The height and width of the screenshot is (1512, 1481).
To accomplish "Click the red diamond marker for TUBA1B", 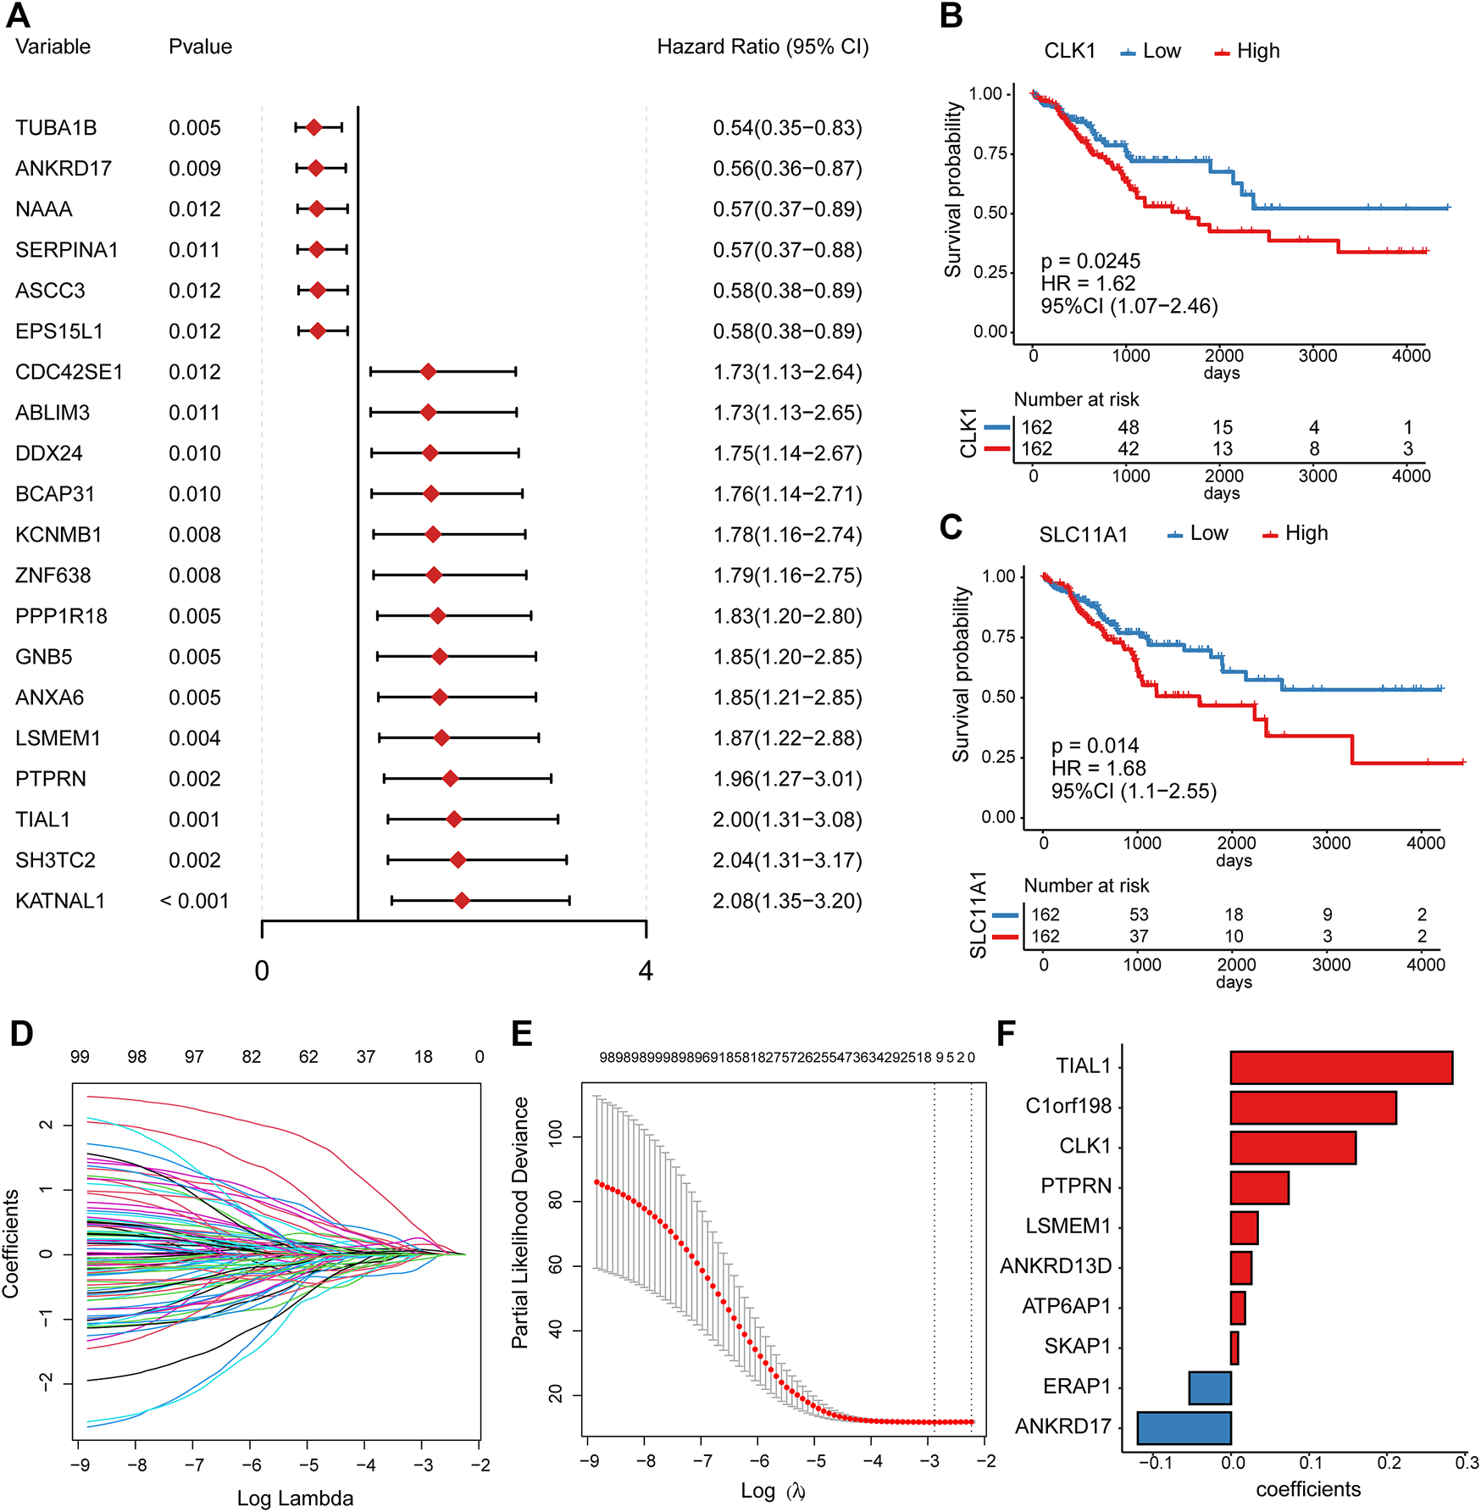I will pos(313,127).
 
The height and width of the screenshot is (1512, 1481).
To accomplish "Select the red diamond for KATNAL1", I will pos(461,900).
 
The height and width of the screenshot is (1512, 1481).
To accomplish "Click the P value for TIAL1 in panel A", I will pos(194,820).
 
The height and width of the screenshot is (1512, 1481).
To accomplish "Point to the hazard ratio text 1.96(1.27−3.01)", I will pos(787,779).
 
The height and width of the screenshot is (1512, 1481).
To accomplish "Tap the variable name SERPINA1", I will pos(67,250).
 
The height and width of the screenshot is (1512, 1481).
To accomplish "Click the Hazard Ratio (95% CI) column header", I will pos(763,47).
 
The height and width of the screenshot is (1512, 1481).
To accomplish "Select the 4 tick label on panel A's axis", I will pos(646,970).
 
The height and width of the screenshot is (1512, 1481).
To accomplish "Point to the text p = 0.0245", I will pos(1090,261).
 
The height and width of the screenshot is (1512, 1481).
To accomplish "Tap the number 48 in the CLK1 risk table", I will pos(1128,428).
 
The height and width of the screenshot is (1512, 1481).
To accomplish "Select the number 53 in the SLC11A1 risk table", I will pos(1139,914).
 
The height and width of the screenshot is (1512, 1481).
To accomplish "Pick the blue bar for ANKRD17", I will pos(1184,1427).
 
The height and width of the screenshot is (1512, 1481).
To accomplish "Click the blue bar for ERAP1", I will pos(1210,1387).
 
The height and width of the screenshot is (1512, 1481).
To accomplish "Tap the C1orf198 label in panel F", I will pos(1068,1107).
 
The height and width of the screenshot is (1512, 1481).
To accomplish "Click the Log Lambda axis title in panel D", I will pos(295,1498).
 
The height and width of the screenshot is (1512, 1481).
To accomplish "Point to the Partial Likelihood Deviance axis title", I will pos(520,1222).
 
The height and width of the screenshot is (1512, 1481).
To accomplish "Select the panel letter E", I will pos(522,1035).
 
